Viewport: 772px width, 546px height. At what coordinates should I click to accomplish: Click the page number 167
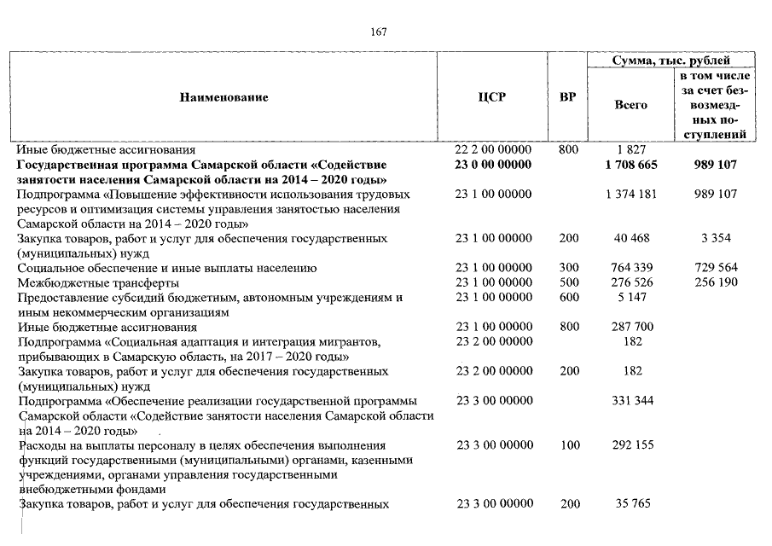(x=380, y=32)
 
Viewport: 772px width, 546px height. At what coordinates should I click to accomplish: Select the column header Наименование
(x=223, y=97)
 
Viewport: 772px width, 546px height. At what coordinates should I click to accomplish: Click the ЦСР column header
(x=492, y=97)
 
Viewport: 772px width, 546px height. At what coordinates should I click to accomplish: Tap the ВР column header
(x=566, y=97)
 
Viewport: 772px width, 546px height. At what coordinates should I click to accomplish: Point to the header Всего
(x=630, y=105)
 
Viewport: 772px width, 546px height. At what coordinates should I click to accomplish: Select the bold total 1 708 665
(x=630, y=165)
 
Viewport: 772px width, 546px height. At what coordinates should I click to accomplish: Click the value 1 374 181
(x=630, y=195)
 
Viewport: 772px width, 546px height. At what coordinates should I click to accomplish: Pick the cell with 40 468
(x=630, y=239)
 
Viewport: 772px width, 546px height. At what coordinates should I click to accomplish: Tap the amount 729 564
(x=716, y=268)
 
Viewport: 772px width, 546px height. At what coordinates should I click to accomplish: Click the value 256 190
(x=716, y=282)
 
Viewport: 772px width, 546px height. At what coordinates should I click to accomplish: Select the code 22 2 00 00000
(x=493, y=150)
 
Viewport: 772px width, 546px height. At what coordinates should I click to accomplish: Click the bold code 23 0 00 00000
(x=493, y=165)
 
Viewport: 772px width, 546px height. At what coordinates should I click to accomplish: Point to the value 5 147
(x=630, y=298)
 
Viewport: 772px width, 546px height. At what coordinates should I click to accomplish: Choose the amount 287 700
(x=630, y=327)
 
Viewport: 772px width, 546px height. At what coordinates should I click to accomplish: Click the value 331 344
(x=630, y=401)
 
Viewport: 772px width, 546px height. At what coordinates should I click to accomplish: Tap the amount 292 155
(x=630, y=445)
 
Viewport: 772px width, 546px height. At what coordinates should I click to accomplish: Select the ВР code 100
(x=568, y=445)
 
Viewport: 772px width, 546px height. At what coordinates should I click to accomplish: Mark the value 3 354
(x=716, y=239)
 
